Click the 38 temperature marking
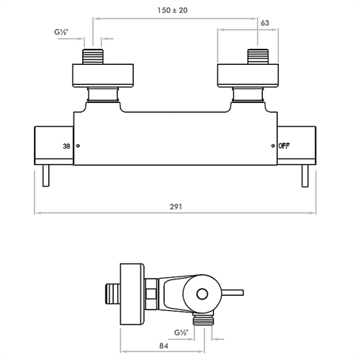(67, 147)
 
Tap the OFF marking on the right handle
(285, 146)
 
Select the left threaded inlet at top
(94, 57)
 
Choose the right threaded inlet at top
(258, 57)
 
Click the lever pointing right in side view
(233, 293)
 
